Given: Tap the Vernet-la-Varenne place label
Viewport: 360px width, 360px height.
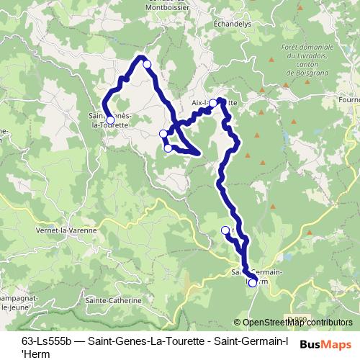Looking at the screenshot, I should pyautogui.click(x=61, y=230).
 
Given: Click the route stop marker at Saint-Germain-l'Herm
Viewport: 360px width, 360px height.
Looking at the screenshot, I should pyautogui.click(x=252, y=283).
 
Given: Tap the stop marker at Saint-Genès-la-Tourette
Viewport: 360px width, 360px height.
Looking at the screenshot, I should pyautogui.click(x=110, y=120).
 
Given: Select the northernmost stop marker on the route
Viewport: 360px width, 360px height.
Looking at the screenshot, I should pyautogui.click(x=147, y=65).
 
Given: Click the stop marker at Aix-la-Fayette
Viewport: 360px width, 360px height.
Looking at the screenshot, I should pyautogui.click(x=213, y=103).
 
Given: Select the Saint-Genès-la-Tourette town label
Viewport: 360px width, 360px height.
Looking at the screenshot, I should pyautogui.click(x=109, y=120).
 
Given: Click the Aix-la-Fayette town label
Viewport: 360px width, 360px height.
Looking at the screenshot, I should pyautogui.click(x=214, y=103).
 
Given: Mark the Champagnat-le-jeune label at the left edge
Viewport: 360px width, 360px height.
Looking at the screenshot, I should pyautogui.click(x=17, y=302).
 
